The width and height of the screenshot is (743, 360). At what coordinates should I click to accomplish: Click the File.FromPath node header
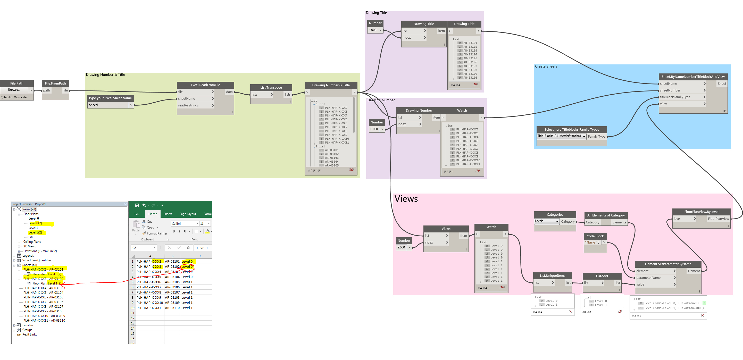[55, 83]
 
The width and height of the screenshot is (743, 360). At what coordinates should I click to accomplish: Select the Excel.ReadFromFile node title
[205, 85]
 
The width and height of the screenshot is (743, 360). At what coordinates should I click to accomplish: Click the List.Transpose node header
[271, 87]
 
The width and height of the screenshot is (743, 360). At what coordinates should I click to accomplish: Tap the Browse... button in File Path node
[14, 90]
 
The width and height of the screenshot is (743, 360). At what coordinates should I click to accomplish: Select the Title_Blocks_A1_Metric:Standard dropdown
[561, 136]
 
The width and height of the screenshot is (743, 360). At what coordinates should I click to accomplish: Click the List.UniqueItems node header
[552, 276]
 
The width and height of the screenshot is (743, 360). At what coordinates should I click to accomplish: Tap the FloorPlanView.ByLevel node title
[701, 212]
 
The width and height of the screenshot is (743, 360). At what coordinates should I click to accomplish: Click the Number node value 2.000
[402, 247]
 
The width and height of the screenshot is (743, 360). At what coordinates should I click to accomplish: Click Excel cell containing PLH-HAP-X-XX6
[149, 282]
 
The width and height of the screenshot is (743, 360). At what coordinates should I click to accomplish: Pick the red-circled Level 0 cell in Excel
[187, 266]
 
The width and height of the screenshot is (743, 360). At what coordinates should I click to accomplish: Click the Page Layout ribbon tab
[187, 214]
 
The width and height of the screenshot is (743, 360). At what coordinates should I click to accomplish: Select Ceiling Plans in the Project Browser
[32, 242]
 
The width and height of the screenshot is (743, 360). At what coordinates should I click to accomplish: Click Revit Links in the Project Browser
[29, 334]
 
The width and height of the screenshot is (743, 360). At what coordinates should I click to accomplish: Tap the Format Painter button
[156, 233]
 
